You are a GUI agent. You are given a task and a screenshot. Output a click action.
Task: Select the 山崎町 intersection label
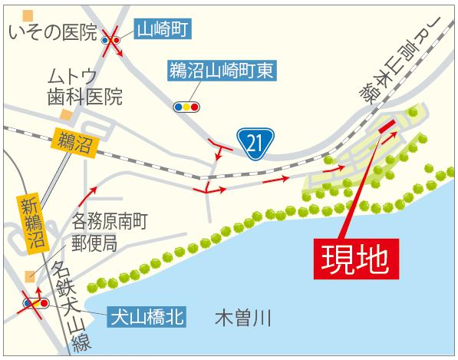[163, 31]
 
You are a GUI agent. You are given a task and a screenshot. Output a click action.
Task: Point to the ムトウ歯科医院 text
[84, 88]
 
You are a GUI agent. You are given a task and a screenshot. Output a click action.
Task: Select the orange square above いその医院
[29, 15]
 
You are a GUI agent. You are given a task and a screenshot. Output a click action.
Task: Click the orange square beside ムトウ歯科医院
[67, 114]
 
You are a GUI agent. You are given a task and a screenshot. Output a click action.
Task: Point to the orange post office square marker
[30, 276]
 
